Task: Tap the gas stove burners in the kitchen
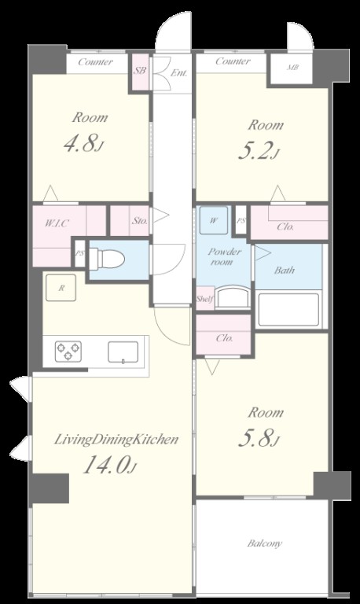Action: pos(68,352)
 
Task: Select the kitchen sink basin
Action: pos(123,352)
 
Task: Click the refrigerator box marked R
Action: pos(61,288)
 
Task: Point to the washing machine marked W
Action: pos(214,220)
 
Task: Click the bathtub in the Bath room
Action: pos(288,310)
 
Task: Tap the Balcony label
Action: pos(265,543)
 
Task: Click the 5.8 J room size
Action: pos(259,438)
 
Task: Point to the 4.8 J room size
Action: pos(84,144)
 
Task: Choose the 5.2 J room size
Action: pos(259,151)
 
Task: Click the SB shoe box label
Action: pos(140,72)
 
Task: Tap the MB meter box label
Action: pos(293,68)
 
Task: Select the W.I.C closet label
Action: pos(57,223)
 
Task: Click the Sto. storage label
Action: pos(140,221)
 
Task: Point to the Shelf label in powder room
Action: pos(205,299)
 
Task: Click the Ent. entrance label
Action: pos(179,72)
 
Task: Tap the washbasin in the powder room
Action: pos(233,296)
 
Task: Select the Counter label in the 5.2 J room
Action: pos(233,61)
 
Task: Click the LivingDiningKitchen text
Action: pos(116,439)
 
